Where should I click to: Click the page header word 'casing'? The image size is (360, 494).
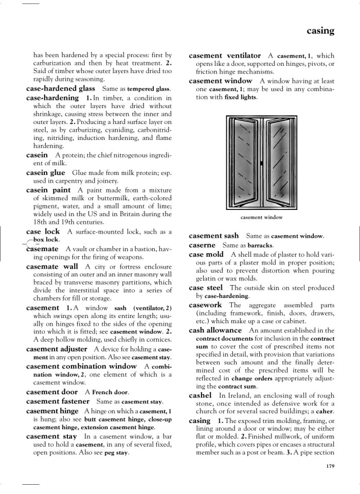(x=320, y=31)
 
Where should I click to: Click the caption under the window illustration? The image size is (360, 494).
(x=261, y=217)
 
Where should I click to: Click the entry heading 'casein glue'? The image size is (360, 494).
(x=45, y=172)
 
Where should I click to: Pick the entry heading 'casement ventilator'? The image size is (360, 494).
(x=225, y=55)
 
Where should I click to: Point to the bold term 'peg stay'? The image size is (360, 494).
(x=116, y=453)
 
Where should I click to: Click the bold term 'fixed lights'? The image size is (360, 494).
(x=240, y=97)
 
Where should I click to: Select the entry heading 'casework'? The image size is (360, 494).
(x=205, y=305)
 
